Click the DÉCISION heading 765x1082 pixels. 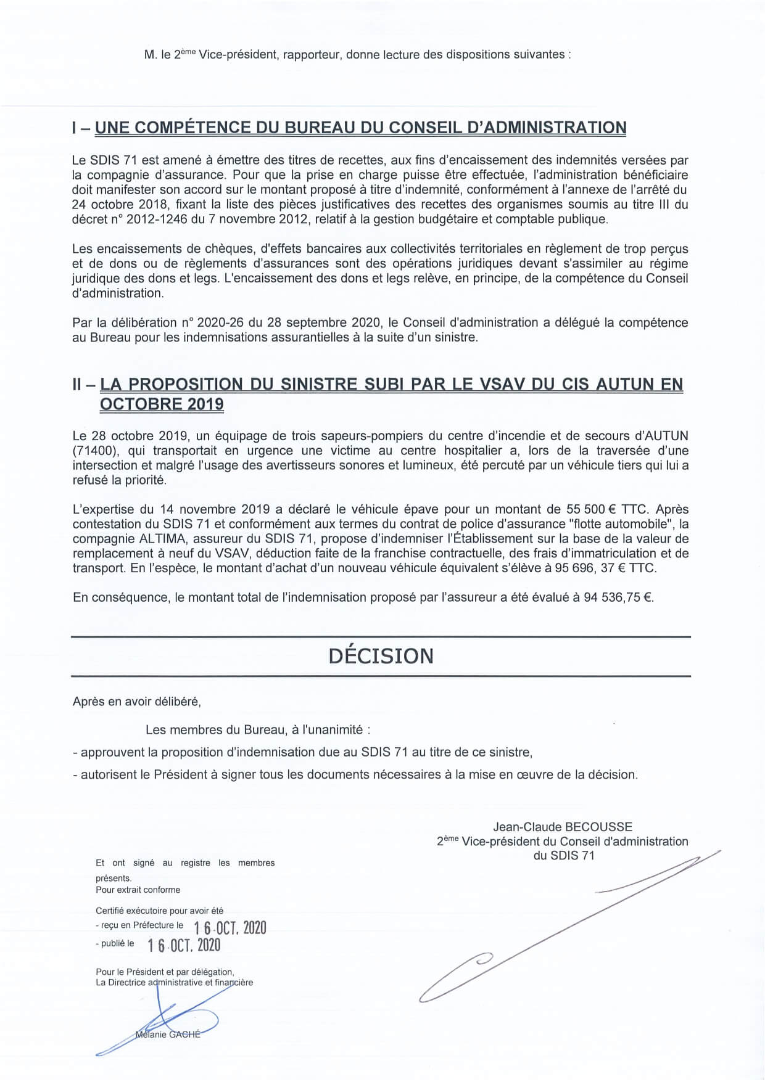click(381, 655)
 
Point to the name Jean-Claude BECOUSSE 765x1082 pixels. click(562, 827)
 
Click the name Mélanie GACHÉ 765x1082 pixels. click(168, 1034)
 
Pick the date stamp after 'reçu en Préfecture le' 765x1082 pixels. click(229, 927)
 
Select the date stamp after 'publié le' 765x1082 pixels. click(184, 945)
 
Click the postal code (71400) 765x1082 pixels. click(95, 451)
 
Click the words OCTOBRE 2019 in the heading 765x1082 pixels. click(162, 404)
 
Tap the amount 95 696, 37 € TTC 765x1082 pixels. click(605, 568)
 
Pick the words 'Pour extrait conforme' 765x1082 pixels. click(138, 890)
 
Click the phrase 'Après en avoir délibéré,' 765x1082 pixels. click(136, 701)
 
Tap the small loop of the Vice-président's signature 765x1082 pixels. click(482, 958)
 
